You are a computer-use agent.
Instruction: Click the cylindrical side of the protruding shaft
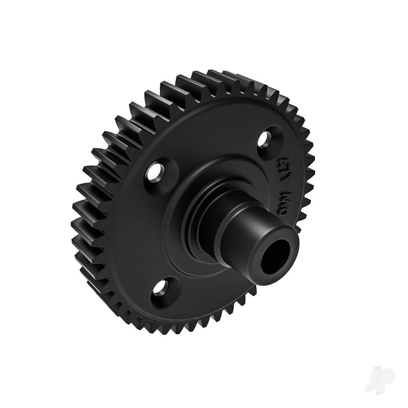[245, 228]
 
